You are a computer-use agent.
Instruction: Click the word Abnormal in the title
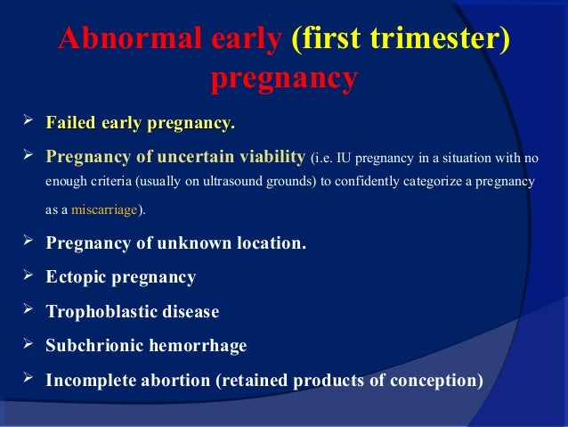click(x=130, y=38)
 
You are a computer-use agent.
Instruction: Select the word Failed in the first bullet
click(x=70, y=123)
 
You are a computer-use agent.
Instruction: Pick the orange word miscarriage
click(x=104, y=209)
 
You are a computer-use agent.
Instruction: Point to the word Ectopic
click(x=76, y=277)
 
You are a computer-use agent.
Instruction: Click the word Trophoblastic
click(x=101, y=312)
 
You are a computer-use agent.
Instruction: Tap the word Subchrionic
click(x=94, y=345)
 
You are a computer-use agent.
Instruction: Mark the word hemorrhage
click(x=199, y=346)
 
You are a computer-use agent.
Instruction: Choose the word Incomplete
click(x=91, y=381)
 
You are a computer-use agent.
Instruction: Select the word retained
click(x=256, y=381)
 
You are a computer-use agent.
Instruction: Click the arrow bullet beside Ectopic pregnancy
click(x=28, y=275)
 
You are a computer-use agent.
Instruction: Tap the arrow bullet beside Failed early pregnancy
click(x=28, y=119)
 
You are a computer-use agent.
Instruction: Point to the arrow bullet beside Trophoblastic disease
click(x=28, y=309)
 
